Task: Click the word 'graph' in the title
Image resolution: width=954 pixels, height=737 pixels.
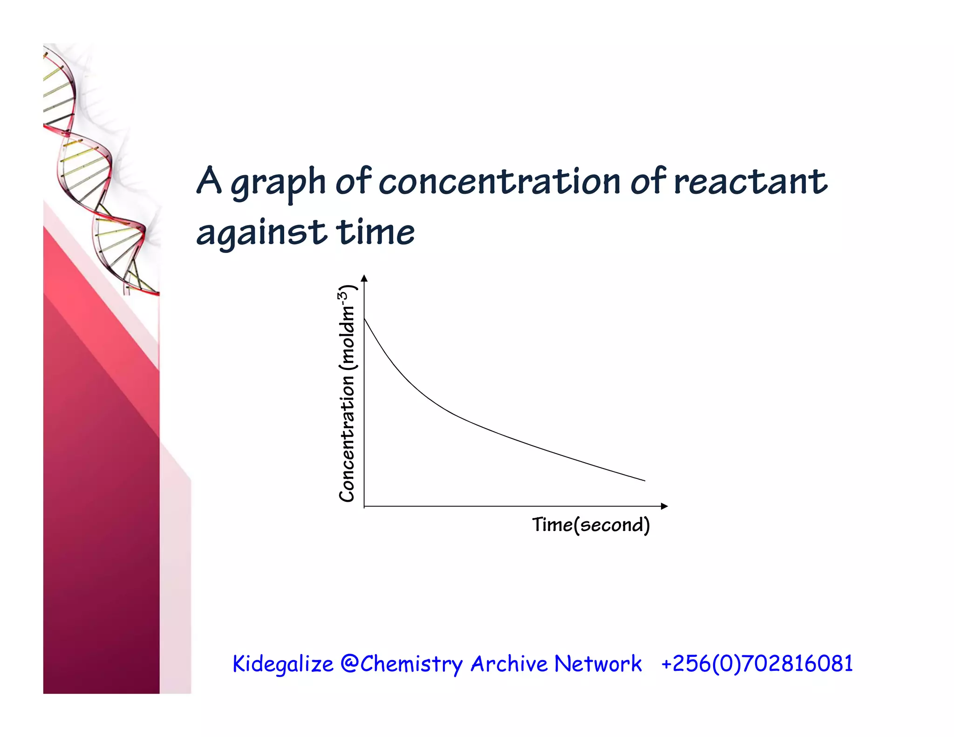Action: pyautogui.click(x=278, y=183)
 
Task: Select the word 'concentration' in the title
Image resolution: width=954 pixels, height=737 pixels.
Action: pyautogui.click(x=499, y=182)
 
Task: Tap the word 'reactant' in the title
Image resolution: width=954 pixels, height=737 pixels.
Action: pyautogui.click(x=750, y=182)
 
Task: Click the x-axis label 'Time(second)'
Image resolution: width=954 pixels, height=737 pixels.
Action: pyautogui.click(x=591, y=525)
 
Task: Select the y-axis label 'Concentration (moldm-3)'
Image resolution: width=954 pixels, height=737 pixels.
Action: pyautogui.click(x=347, y=394)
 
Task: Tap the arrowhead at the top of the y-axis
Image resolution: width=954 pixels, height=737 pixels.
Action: pyautogui.click(x=364, y=279)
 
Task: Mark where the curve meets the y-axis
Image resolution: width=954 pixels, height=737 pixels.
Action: pyautogui.click(x=364, y=318)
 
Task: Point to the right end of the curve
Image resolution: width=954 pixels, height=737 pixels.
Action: pyautogui.click(x=645, y=480)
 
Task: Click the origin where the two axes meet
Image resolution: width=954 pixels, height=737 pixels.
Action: pyautogui.click(x=364, y=506)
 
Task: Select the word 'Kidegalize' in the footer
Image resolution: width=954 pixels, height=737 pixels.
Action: pyautogui.click(x=283, y=664)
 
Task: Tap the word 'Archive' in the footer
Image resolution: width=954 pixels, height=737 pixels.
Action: pyautogui.click(x=509, y=663)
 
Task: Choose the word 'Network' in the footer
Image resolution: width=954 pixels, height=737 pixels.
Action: pyautogui.click(x=598, y=663)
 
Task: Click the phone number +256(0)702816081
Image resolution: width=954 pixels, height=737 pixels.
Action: pyautogui.click(x=757, y=663)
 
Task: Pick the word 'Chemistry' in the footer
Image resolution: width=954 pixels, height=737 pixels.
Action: pyautogui.click(x=411, y=664)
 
